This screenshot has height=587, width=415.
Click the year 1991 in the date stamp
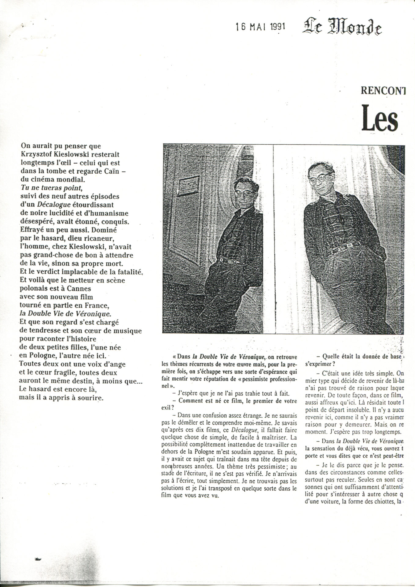tap(278, 27)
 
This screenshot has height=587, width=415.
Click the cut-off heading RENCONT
tap(383, 90)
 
